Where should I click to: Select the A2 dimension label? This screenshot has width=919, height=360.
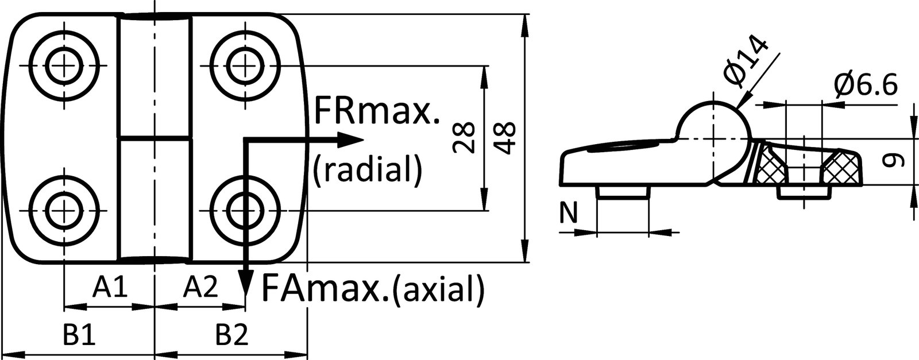click(x=200, y=287)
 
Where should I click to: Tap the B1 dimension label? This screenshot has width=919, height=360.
click(x=79, y=335)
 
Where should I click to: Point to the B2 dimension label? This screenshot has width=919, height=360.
click(x=232, y=335)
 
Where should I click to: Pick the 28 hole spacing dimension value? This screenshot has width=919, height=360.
click(x=464, y=137)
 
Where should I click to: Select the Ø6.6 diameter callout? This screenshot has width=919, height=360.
click(x=865, y=86)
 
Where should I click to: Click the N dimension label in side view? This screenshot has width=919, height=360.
click(x=568, y=213)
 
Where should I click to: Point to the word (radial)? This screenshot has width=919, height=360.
click(x=368, y=169)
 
